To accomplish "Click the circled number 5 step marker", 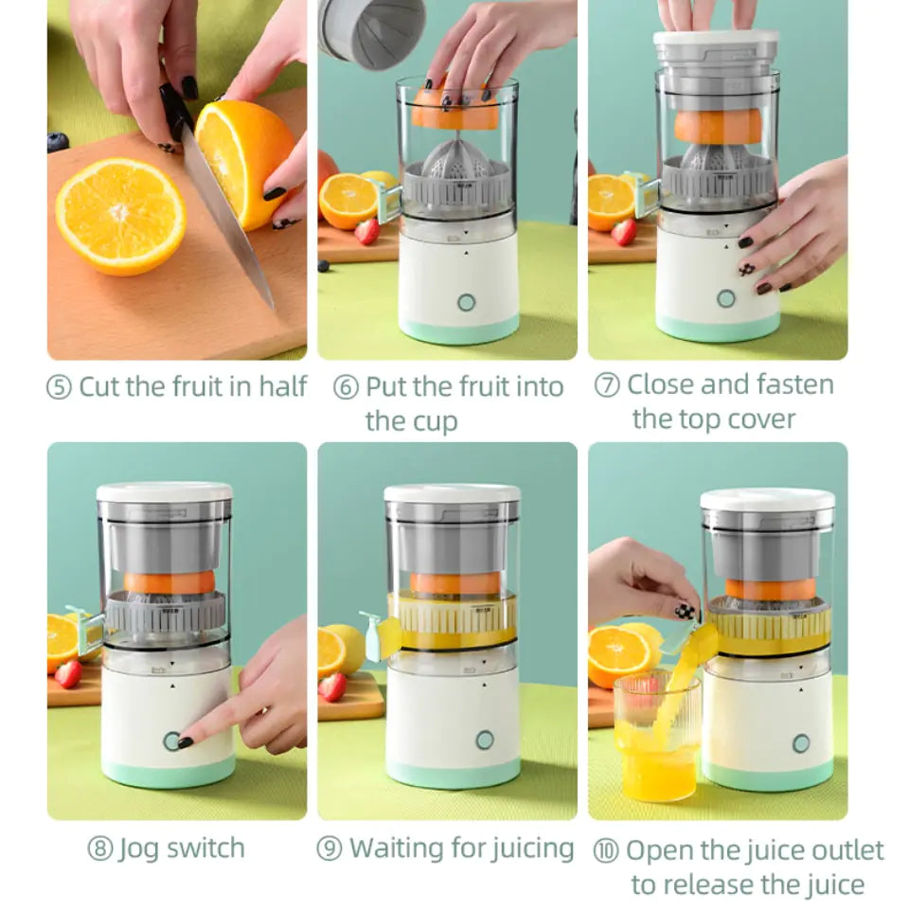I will coord(59,388).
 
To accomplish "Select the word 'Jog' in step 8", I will coord(138,849).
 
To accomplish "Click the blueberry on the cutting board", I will coord(58,142).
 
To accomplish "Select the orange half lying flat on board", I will coord(120,217).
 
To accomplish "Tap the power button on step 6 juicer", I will coord(465,302).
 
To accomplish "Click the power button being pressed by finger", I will coord(171,740).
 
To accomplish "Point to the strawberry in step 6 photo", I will coord(367,231).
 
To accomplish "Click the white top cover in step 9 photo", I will coord(452,493).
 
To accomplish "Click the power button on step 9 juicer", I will coord(485,740).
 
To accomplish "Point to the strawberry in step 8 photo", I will coord(68,673).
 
